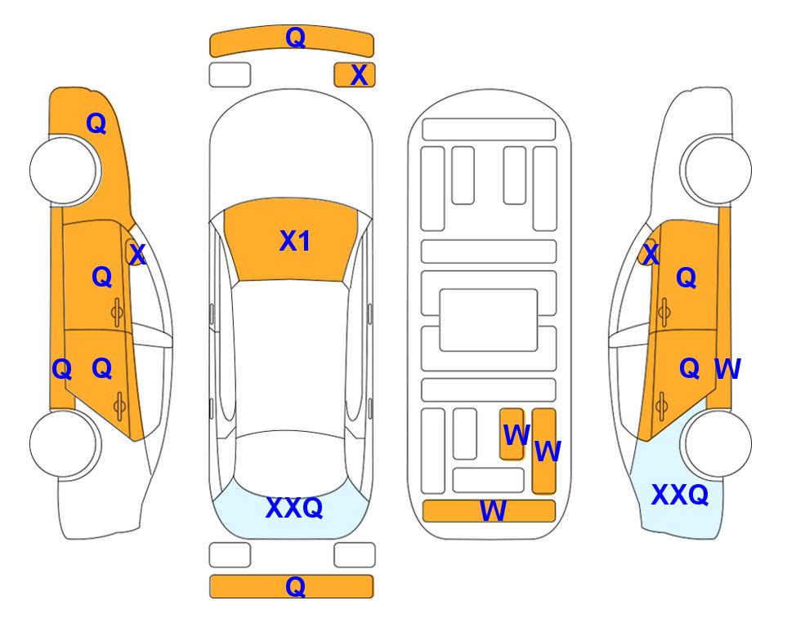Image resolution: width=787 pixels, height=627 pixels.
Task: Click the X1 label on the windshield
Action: click(295, 241)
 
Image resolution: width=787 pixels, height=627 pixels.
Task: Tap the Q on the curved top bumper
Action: click(296, 37)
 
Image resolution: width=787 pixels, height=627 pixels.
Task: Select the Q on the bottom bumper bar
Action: click(296, 586)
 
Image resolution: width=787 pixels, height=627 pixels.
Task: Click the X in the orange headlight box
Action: click(359, 75)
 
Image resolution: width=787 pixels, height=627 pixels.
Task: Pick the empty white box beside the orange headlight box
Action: click(230, 75)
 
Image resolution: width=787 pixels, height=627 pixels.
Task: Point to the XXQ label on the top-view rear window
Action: click(294, 508)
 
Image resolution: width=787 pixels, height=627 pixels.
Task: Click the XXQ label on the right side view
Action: click(680, 495)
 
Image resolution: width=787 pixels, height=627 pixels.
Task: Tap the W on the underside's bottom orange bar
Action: click(493, 511)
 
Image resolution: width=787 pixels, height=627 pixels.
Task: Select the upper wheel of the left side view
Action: click(64, 171)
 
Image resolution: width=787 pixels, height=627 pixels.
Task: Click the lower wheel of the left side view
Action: click(64, 443)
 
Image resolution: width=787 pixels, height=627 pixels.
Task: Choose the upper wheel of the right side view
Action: click(718, 171)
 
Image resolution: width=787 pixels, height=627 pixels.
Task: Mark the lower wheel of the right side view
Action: click(718, 443)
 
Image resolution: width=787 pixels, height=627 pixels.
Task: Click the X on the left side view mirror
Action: click(137, 255)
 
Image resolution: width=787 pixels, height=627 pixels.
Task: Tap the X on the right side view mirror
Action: click(651, 255)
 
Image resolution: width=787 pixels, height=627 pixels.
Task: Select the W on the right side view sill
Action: click(727, 369)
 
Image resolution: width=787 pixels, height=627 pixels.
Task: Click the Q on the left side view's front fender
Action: click(96, 123)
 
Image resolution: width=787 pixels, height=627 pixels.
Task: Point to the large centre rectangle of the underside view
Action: click(489, 320)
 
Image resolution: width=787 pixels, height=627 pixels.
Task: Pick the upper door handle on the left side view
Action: click(117, 313)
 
